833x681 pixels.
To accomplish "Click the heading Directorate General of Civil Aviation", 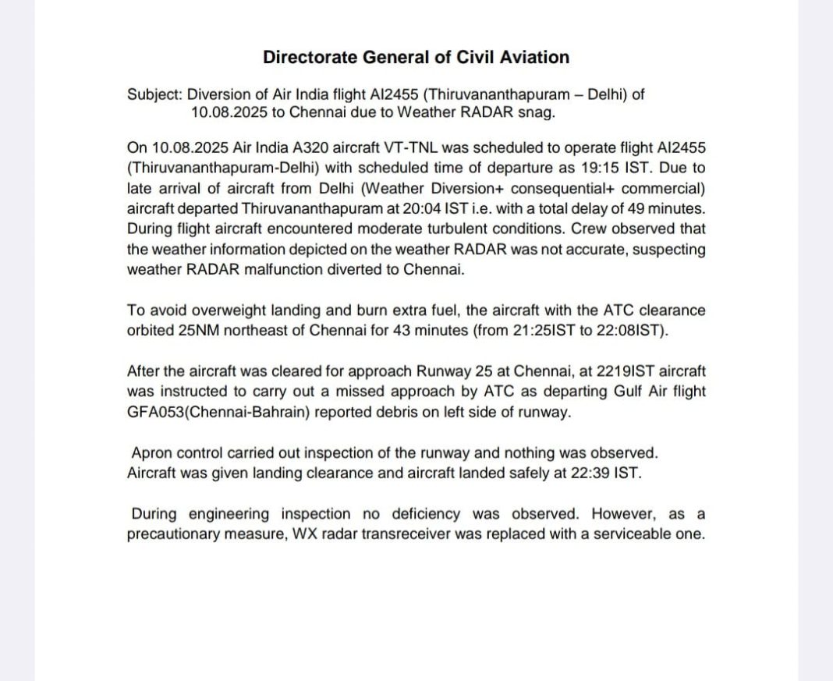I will tap(416, 57).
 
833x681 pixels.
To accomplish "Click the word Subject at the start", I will tap(154, 94).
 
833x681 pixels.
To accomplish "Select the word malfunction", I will tap(278, 270).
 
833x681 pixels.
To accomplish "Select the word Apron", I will tap(152, 453).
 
